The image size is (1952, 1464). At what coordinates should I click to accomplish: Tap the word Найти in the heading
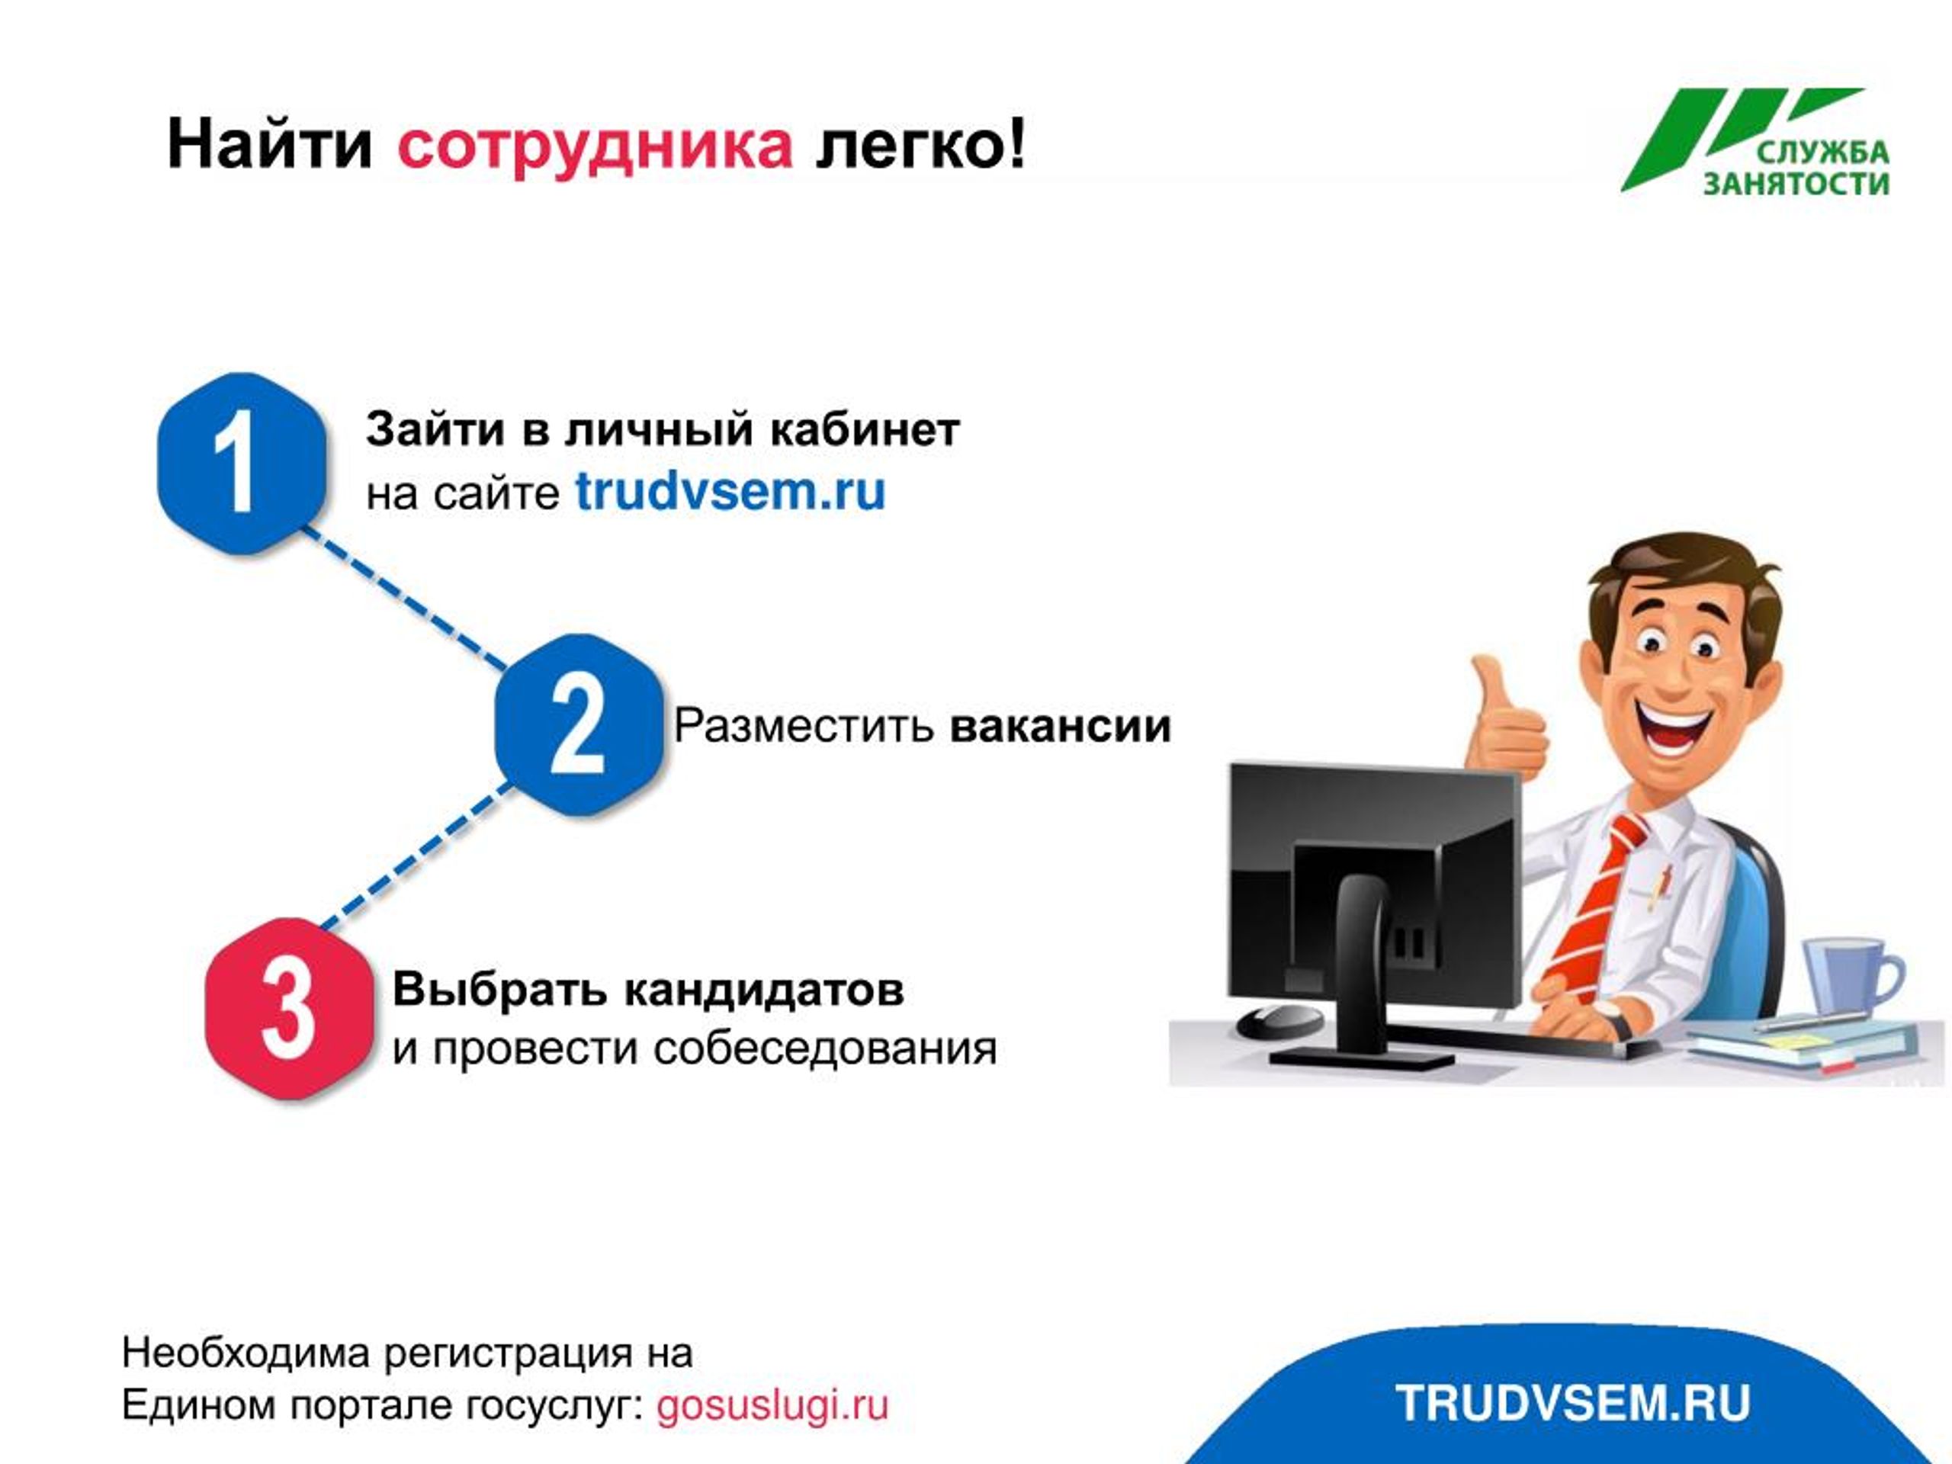coord(270,144)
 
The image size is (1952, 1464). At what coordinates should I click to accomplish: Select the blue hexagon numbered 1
coord(242,464)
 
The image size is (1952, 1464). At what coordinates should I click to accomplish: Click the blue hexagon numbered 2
coord(579,724)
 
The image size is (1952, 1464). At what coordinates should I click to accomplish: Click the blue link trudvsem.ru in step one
coord(730,492)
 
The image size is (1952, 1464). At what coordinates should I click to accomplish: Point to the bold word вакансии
coord(1061,726)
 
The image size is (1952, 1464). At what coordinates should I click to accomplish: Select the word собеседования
coord(825,1049)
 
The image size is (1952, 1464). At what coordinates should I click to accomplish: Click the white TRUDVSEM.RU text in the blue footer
coord(1572,1403)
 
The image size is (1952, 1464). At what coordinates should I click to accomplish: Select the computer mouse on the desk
coord(1280,1022)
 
